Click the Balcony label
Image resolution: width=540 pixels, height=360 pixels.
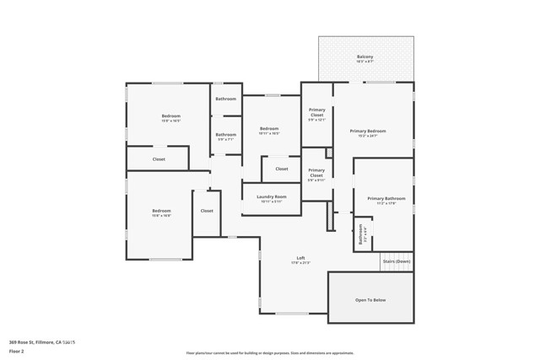364,57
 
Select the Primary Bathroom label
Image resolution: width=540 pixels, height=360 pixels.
386,199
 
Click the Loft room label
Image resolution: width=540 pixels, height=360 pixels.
300,258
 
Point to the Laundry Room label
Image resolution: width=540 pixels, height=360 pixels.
272,197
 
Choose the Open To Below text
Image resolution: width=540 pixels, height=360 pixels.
370,299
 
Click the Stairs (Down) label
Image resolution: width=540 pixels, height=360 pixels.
397,261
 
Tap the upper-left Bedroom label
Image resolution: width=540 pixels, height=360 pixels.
171,116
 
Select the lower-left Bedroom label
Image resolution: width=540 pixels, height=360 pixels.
161,211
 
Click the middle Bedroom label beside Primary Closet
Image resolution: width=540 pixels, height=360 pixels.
269,128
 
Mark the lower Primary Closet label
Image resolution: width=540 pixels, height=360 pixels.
316,172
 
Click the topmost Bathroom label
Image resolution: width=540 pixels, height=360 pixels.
225,99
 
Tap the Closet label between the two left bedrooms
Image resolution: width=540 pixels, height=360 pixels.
159,159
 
